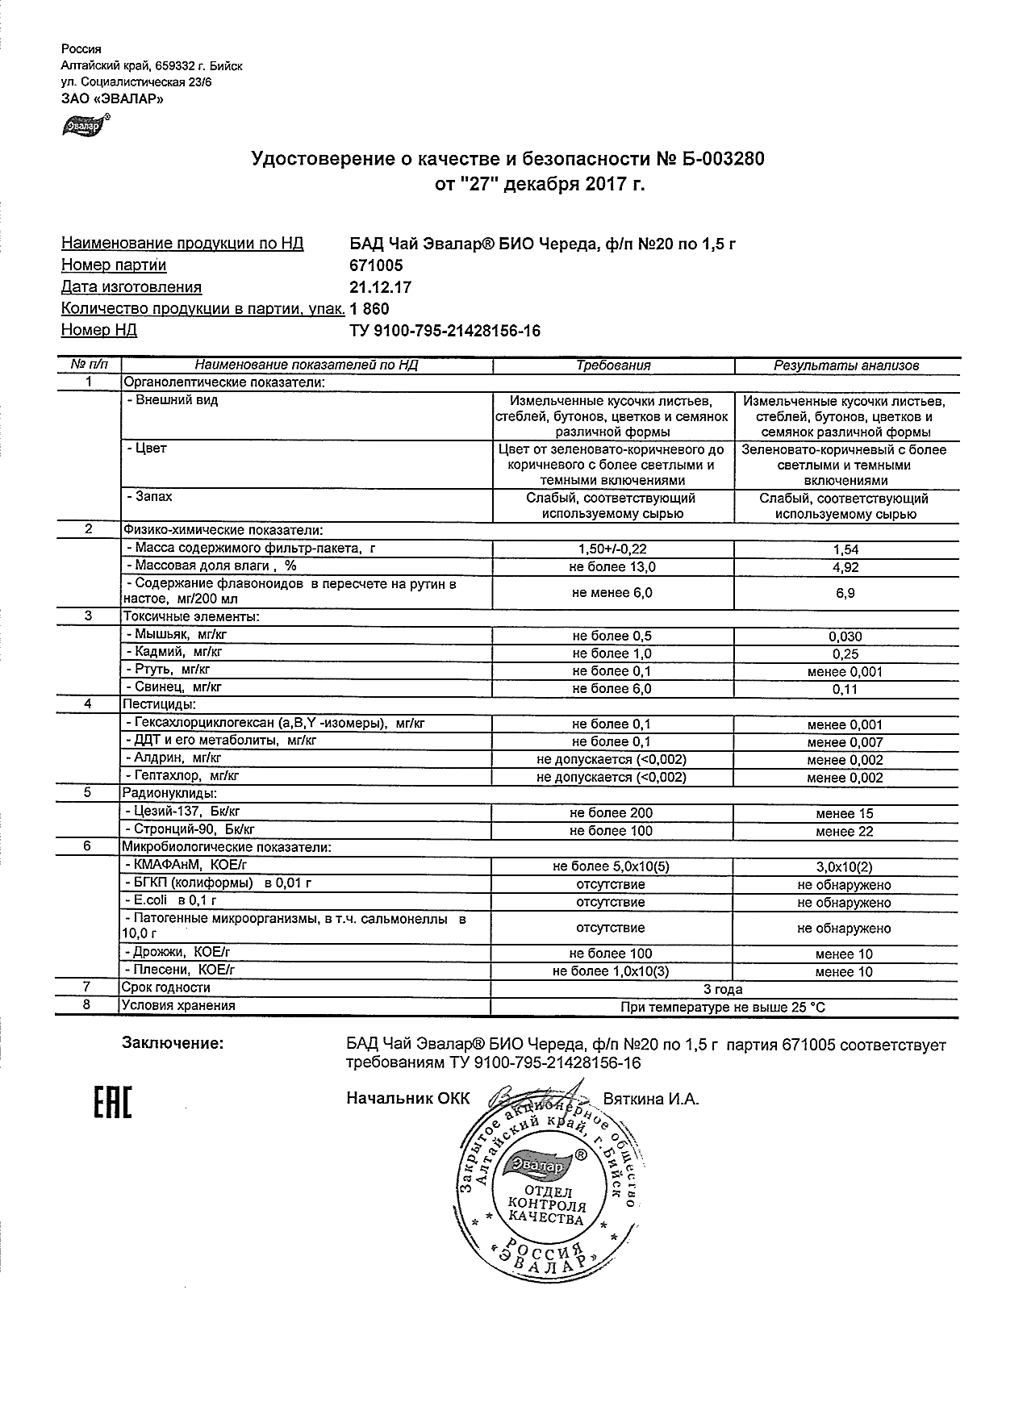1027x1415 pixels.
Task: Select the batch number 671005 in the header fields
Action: (376, 265)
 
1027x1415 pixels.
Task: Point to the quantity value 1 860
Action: (369, 309)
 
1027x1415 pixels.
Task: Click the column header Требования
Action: (613, 365)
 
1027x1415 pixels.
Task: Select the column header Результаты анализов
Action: (846, 365)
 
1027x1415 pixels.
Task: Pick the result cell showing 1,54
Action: (845, 549)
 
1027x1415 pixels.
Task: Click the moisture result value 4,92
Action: (845, 567)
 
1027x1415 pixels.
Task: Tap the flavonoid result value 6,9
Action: (845, 593)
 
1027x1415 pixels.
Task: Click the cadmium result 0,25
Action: (845, 654)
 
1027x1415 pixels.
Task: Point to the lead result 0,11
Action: (845, 689)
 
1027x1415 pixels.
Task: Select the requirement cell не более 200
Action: (611, 813)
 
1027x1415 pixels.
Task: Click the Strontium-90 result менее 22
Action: (844, 831)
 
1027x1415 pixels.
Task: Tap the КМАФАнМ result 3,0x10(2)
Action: (845, 867)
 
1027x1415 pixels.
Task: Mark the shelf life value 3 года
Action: (723, 989)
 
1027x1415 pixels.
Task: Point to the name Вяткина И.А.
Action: (651, 1099)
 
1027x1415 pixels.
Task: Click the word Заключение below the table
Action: (172, 1044)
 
